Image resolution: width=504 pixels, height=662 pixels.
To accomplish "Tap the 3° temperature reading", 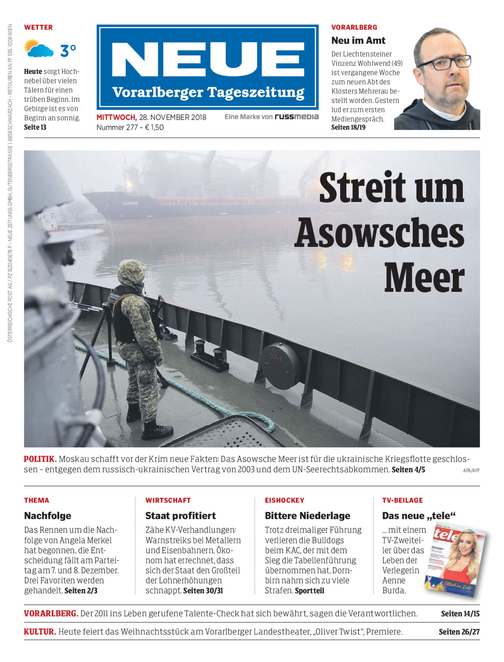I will click(x=68, y=50).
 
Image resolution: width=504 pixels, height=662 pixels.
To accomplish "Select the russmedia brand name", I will click(x=296, y=117).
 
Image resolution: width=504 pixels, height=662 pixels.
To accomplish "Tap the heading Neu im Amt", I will click(x=358, y=40).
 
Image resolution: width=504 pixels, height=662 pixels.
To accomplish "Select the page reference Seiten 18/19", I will click(x=348, y=127).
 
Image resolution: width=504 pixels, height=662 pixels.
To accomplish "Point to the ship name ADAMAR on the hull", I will click(x=130, y=203).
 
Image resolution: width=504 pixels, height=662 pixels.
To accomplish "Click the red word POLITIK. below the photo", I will click(x=40, y=459).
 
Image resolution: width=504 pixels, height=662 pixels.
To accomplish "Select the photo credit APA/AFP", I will click(x=471, y=471).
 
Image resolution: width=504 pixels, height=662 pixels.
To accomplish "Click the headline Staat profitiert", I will click(x=181, y=516).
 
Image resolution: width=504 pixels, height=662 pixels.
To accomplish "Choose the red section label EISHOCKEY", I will click(x=284, y=500).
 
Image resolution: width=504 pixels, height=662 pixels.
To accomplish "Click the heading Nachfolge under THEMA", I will click(x=48, y=516).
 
